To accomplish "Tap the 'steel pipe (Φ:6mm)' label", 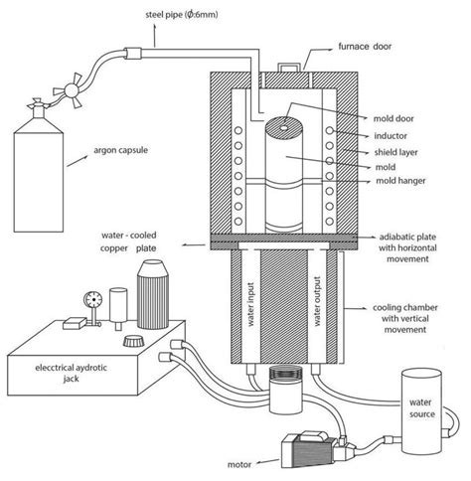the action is pyautogui.click(x=182, y=15).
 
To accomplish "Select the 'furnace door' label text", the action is pyautogui.click(x=365, y=47).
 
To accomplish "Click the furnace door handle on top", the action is pyautogui.click(x=287, y=67).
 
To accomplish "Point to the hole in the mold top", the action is pyautogui.click(x=284, y=128).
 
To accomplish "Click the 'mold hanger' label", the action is pyautogui.click(x=400, y=181).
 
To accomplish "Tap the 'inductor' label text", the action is pyautogui.click(x=391, y=136).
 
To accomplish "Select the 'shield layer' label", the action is pyautogui.click(x=395, y=152).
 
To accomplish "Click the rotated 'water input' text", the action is pyautogui.click(x=250, y=304).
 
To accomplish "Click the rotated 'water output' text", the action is pyautogui.click(x=317, y=301).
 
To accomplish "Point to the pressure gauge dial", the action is pyautogui.click(x=93, y=300).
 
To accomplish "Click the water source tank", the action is pyautogui.click(x=421, y=411).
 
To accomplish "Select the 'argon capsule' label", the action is pyautogui.click(x=120, y=150).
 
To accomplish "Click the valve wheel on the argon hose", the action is pyautogui.click(x=71, y=89).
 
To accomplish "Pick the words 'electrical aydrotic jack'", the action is pyautogui.click(x=71, y=373).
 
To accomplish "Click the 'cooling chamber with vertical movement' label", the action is pyautogui.click(x=405, y=319).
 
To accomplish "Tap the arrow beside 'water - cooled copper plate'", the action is pyautogui.click(x=194, y=245).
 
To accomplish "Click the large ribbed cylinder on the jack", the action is pyautogui.click(x=153, y=294).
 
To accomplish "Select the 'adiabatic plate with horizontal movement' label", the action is pyautogui.click(x=407, y=247).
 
